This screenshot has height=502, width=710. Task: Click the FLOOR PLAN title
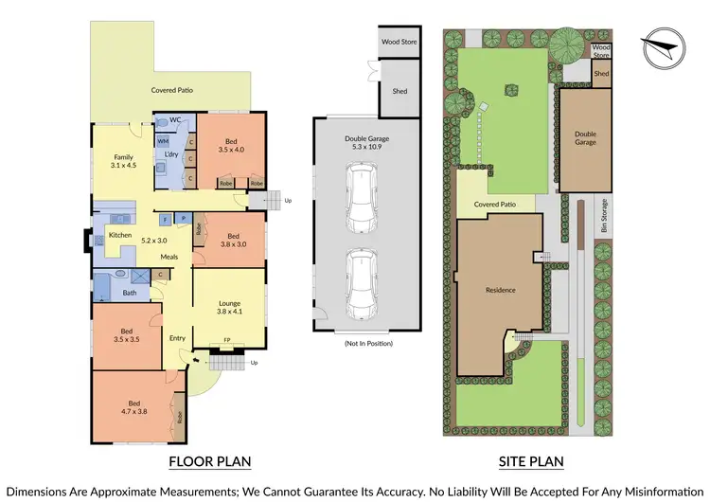coord(209,462)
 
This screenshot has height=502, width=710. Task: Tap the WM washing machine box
coord(163,141)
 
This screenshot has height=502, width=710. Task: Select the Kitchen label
coord(119,234)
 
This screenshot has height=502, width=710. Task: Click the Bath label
coord(129,294)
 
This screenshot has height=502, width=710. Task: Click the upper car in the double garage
coord(362,196)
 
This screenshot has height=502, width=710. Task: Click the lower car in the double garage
coord(362,282)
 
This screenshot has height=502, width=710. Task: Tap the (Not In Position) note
coord(368,342)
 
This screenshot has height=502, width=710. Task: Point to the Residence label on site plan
coord(500,290)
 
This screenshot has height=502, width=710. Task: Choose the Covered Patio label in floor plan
coord(172,90)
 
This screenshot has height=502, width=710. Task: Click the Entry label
coord(177,338)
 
